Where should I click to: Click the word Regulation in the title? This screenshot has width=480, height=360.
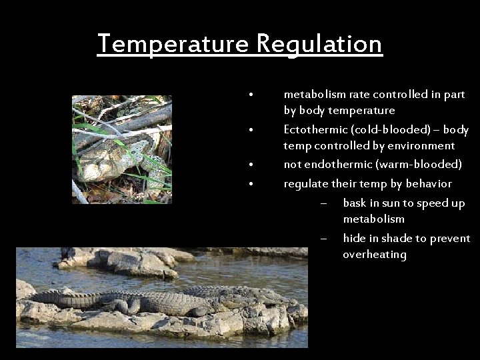click(319, 45)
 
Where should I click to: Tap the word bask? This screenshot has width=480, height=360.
click(355, 203)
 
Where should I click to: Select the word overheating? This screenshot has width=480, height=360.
click(375, 255)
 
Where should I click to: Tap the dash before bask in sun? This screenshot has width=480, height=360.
click(323, 204)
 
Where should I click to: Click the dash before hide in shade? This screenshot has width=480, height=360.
click(323, 239)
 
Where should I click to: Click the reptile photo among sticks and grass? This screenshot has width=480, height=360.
click(122, 149)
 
